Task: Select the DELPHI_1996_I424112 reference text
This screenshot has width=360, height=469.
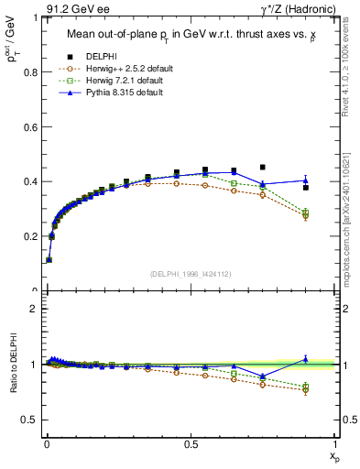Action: click(x=191, y=273)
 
